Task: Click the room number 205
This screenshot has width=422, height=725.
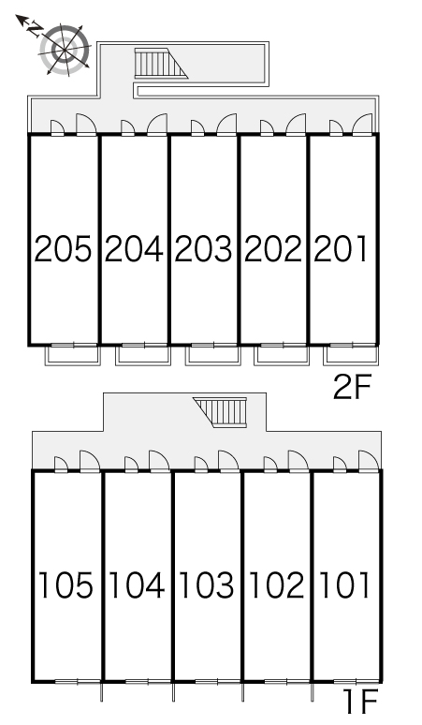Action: point(64,249)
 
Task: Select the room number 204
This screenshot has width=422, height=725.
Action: point(134,249)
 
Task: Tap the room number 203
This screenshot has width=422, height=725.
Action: point(203,249)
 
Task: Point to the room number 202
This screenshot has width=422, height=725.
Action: point(273,249)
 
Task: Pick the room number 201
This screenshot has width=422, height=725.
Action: point(341,249)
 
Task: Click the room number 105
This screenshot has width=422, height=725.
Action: point(65,584)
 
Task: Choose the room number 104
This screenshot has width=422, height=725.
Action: point(137,584)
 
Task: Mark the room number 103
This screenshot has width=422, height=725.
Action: point(207,584)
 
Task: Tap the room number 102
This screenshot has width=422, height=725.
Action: point(277,584)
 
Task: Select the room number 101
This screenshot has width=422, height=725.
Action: point(345,584)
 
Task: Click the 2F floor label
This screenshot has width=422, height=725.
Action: point(352,387)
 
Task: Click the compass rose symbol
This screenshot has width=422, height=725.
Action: point(65,49)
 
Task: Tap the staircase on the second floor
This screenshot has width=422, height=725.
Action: point(161,63)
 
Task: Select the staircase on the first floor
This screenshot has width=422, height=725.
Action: point(221,411)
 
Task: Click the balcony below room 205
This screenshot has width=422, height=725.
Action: point(72,356)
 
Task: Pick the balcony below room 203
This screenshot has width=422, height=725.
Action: point(213,356)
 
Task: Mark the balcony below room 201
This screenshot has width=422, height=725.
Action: point(351,356)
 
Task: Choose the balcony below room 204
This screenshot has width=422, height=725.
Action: point(143,356)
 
